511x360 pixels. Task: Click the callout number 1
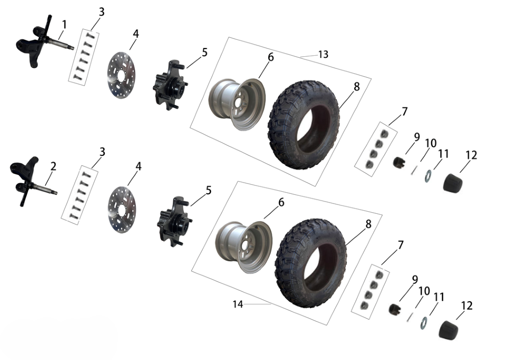pos(64,25)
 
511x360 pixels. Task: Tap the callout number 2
pos(53,166)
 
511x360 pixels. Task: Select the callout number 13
pos(323,54)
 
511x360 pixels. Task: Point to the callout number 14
pos(238,304)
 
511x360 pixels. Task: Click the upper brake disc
pos(121,75)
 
